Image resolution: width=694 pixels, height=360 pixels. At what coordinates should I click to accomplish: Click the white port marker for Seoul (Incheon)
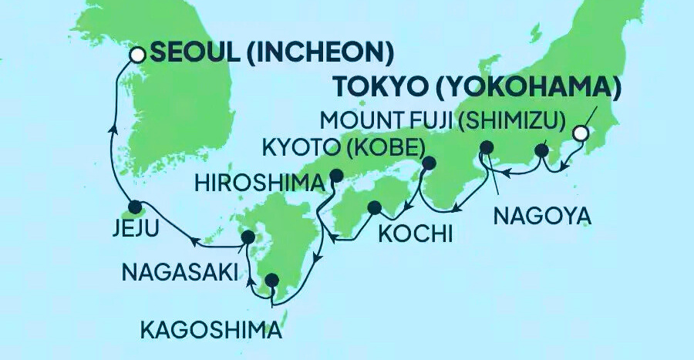[137, 55]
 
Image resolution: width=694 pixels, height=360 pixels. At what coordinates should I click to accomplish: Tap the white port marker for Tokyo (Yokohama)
[581, 134]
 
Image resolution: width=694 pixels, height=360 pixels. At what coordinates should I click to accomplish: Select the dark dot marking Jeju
[135, 207]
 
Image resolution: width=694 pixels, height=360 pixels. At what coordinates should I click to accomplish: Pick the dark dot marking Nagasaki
[248, 237]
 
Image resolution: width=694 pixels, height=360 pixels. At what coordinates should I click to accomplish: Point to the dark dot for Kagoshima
[271, 281]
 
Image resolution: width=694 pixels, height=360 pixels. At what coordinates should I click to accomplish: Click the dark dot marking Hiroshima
[335, 175]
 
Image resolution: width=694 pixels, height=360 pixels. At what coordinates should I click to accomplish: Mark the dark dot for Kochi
[375, 207]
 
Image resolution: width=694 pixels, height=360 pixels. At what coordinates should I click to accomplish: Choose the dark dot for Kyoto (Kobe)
[428, 163]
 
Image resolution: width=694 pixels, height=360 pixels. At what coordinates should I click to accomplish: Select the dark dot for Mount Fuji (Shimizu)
[542, 150]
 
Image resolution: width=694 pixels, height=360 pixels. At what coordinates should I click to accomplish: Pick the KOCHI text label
[413, 233]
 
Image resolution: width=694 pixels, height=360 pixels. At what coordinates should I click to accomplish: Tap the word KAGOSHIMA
[210, 331]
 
